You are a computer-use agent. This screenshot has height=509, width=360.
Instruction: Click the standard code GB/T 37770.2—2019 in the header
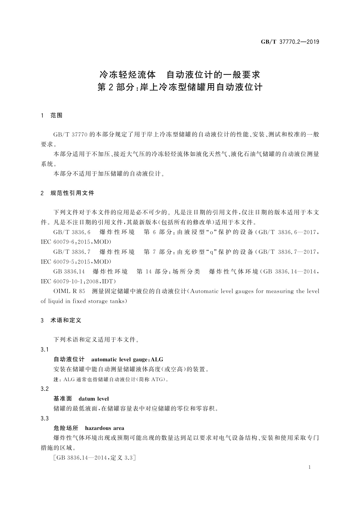(x=290, y=42)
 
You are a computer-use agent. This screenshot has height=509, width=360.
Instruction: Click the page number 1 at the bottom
(x=310, y=467)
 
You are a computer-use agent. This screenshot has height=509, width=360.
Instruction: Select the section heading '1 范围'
(x=52, y=115)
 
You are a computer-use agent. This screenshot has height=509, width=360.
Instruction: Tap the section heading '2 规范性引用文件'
(x=67, y=193)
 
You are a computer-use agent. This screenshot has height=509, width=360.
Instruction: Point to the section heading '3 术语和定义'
(x=61, y=320)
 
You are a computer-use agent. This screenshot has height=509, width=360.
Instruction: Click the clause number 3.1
(x=44, y=349)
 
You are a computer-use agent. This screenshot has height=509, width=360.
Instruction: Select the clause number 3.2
(x=44, y=389)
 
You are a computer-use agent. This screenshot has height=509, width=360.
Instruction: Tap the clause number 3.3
(x=44, y=418)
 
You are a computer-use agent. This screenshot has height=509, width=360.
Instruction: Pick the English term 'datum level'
(x=94, y=399)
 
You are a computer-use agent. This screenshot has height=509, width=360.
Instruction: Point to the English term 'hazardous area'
(x=105, y=428)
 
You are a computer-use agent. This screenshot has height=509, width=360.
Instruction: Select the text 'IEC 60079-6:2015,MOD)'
(x=76, y=242)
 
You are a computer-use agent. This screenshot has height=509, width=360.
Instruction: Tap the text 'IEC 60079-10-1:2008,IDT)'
(x=78, y=281)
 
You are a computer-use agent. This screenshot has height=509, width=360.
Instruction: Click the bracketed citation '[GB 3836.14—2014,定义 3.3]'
(x=94, y=458)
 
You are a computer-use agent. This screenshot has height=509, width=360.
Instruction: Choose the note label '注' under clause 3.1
(x=56, y=379)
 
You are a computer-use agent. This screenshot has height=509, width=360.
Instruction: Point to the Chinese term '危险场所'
(x=66, y=428)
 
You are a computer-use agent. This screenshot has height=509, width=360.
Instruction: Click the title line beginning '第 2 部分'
(x=180, y=87)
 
